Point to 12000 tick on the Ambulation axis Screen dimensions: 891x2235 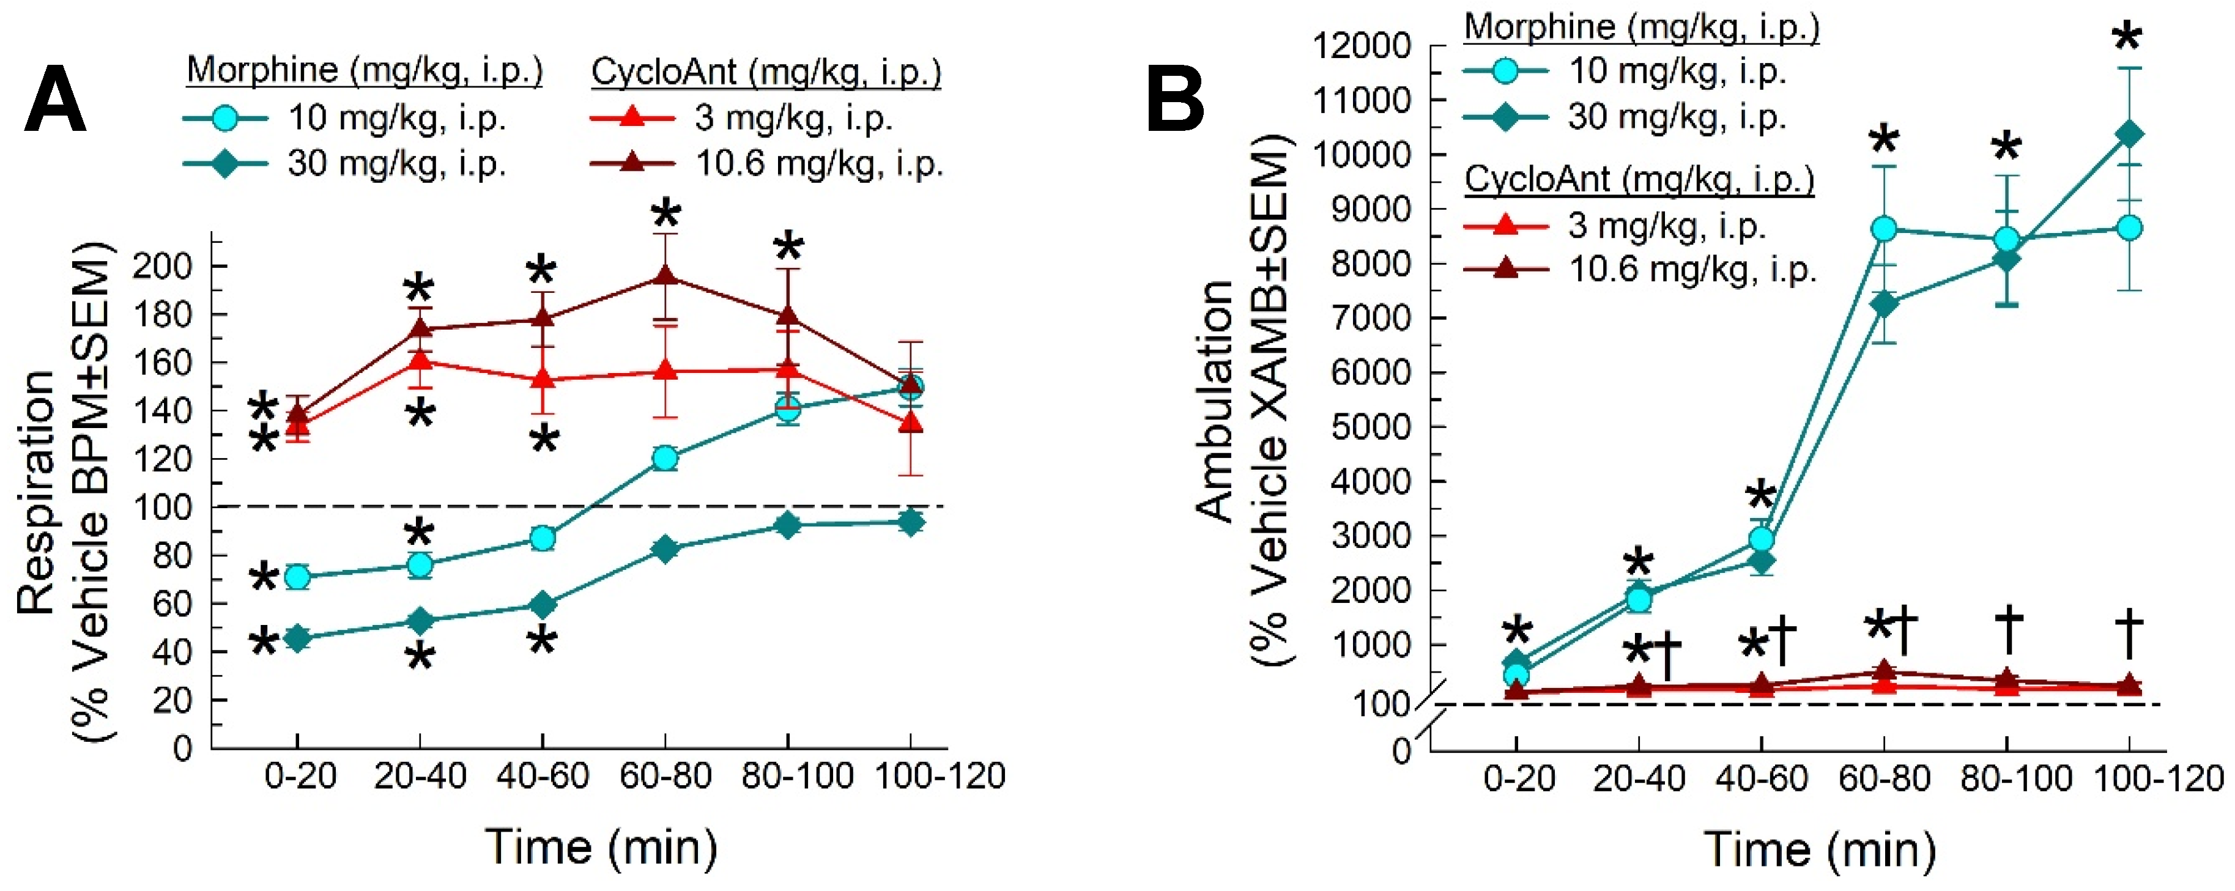pyautogui.click(x=1362, y=45)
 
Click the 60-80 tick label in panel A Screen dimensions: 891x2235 pyautogui.click(x=665, y=775)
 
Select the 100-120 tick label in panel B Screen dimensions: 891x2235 pyautogui.click(x=2159, y=778)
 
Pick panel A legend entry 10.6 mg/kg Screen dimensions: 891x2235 pyautogui.click(x=818, y=163)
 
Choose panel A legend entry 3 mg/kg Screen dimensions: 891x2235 pyautogui.click(x=793, y=117)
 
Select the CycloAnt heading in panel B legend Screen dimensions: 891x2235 pyautogui.click(x=1639, y=180)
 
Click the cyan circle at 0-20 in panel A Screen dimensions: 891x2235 pyautogui.click(x=298, y=577)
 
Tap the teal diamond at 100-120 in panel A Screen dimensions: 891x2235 pyautogui.click(x=910, y=522)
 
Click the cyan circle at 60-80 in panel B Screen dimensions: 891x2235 pyautogui.click(x=1885, y=230)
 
